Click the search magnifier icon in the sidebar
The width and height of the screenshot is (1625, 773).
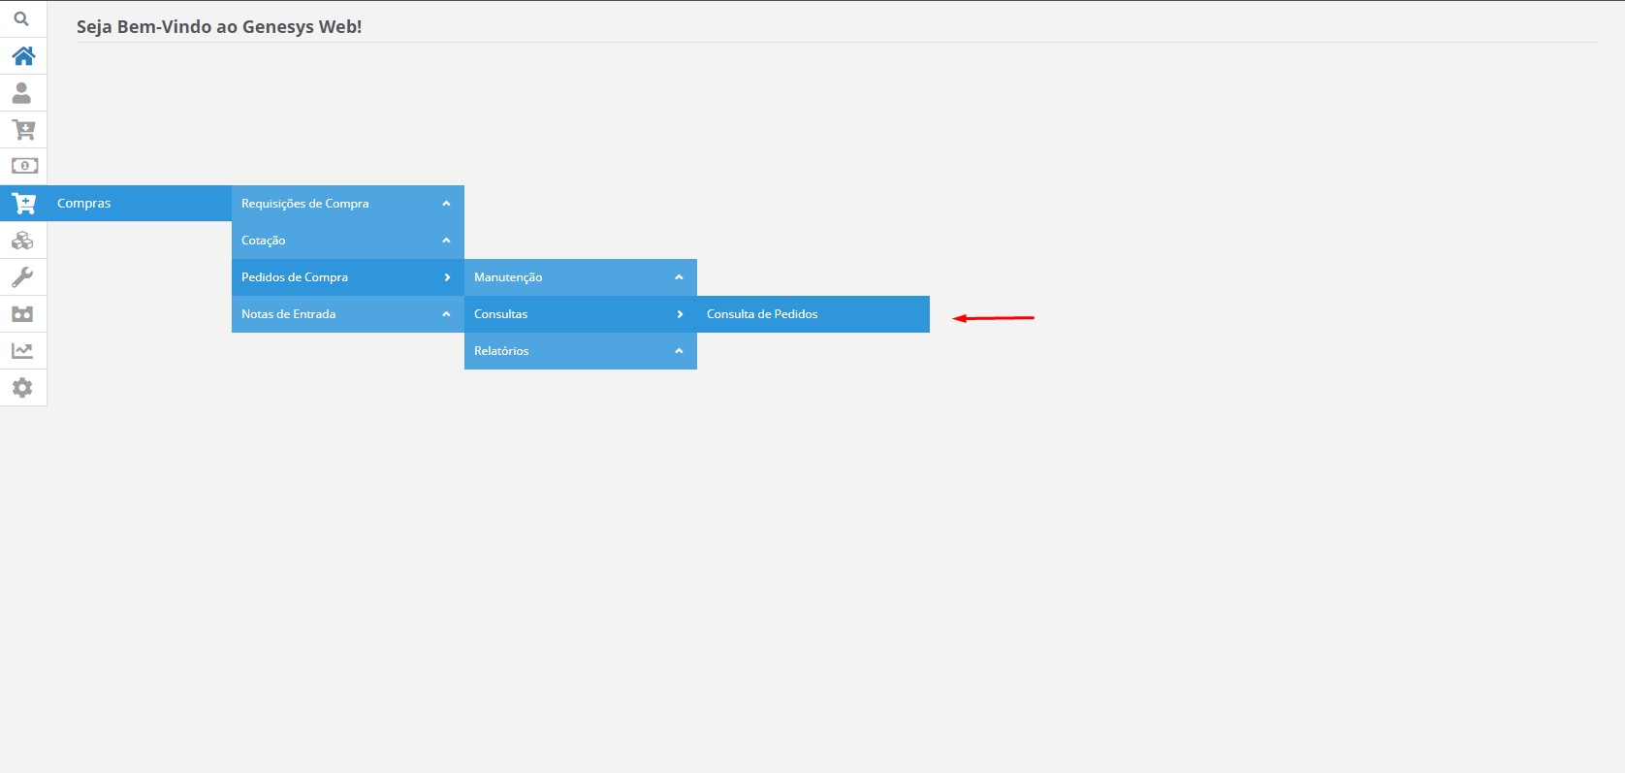21,18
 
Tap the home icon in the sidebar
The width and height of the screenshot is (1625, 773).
23,56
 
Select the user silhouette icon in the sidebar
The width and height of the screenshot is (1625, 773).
21,93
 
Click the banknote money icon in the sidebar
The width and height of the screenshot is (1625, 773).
24,166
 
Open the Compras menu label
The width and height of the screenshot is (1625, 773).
84,204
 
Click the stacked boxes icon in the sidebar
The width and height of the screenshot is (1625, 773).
22,241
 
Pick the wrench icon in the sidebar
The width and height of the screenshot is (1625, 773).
22,277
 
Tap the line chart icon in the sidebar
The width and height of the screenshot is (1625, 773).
22,350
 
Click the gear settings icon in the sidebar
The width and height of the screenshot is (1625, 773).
22,388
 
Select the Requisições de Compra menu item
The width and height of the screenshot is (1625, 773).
304,204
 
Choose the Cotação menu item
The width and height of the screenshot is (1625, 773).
264,241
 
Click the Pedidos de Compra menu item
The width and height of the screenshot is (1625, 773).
295,277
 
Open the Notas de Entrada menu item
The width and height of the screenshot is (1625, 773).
289,314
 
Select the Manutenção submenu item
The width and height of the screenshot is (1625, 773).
508,277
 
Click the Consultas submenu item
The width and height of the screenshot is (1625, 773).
500,314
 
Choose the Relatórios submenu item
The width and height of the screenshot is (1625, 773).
501,350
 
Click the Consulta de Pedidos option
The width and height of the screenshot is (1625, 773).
762,314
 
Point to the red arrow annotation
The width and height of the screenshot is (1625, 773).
993,318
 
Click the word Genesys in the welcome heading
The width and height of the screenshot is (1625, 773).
278,27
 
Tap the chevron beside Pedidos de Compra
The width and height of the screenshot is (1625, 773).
447,277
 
